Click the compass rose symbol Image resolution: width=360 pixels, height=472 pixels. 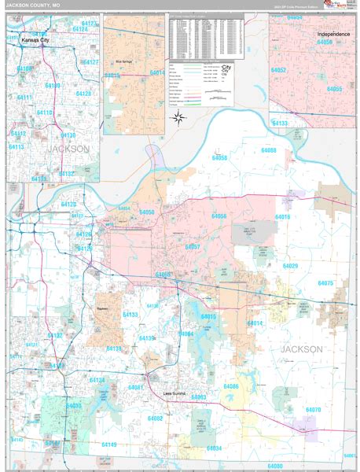[178, 119]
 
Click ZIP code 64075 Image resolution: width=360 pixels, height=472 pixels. [325, 283]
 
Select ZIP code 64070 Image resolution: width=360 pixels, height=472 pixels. [313, 410]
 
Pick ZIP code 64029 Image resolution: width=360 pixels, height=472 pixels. [290, 266]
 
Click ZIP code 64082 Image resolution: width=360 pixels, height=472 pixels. [155, 419]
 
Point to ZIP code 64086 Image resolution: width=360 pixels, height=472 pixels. [230, 386]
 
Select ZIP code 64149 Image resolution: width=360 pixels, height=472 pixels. [108, 444]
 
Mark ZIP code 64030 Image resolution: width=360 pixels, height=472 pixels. [73, 406]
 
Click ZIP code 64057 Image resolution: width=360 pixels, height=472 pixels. [192, 247]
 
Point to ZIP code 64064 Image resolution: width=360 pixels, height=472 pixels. [186, 334]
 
